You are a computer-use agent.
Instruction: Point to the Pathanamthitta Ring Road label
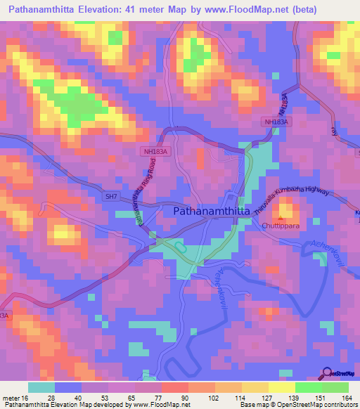(x=144, y=190)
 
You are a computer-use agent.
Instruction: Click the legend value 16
(x=26, y=398)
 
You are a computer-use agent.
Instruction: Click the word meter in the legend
(x=11, y=398)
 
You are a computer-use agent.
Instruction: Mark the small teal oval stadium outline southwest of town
(x=180, y=247)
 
